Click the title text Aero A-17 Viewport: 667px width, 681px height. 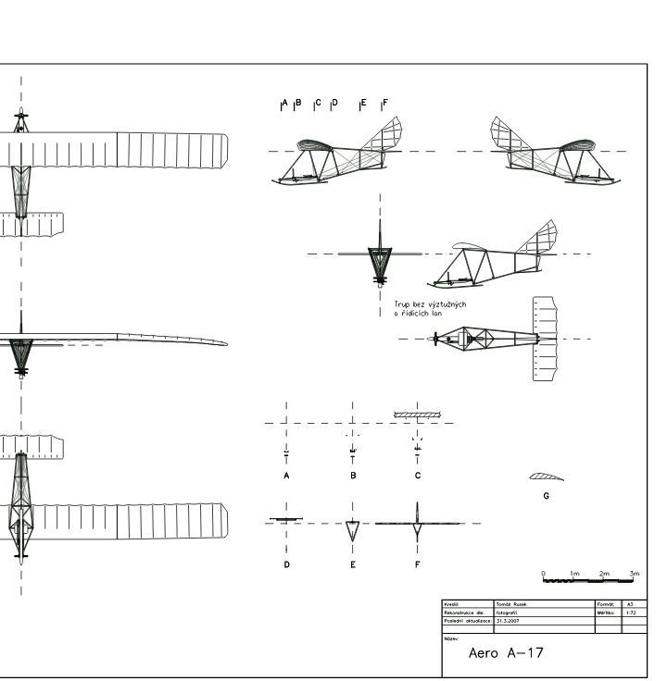506,653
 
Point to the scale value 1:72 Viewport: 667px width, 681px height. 631,613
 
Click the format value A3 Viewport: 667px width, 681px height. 631,604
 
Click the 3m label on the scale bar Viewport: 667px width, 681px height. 634,574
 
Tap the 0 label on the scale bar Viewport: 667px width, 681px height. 544,574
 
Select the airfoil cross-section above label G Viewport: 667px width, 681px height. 546,477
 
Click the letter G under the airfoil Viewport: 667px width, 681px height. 546,496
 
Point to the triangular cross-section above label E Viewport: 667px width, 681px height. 352,530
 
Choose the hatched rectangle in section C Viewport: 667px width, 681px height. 417,415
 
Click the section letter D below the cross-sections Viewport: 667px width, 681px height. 286,564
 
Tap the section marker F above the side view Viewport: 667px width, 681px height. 384,103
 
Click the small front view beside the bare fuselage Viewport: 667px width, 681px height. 380,255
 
